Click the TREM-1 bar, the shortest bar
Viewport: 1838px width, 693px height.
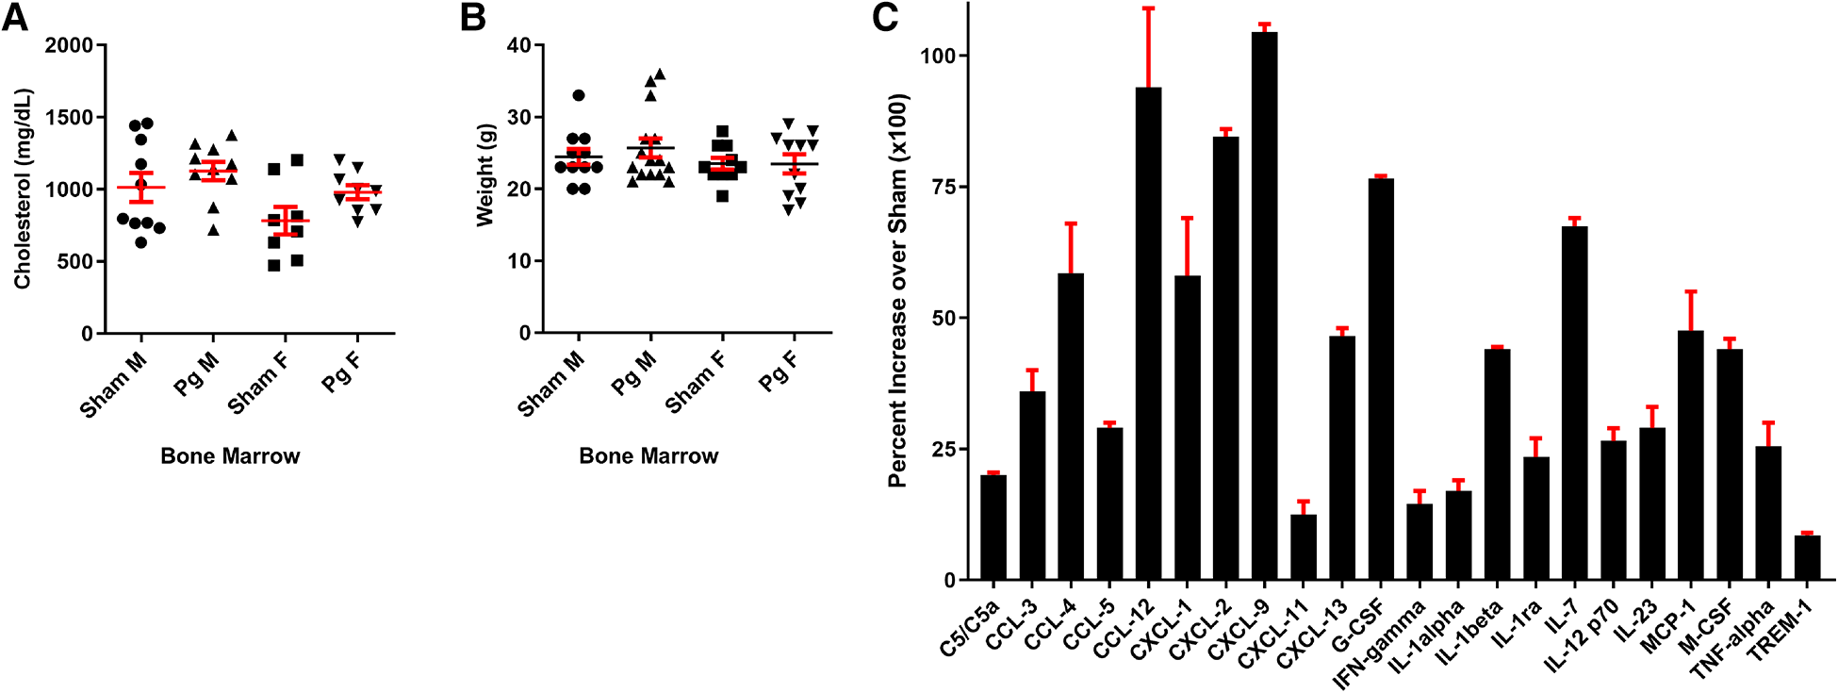[x=1807, y=557]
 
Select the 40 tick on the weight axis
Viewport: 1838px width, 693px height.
[x=517, y=45]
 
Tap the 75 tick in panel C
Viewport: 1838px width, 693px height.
[x=938, y=187]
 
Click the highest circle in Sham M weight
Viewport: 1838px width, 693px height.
[x=578, y=95]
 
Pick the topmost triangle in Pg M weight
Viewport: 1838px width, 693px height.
[x=660, y=74]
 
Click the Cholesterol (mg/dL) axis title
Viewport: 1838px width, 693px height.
[x=23, y=189]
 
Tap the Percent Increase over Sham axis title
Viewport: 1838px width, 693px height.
[x=897, y=289]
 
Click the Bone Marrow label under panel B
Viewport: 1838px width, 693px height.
[x=648, y=456]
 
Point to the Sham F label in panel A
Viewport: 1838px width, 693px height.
[x=257, y=384]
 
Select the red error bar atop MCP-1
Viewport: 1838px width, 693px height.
[x=1691, y=310]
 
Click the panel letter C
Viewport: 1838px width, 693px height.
[x=885, y=18]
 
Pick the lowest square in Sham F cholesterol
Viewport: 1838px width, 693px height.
[x=273, y=266]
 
